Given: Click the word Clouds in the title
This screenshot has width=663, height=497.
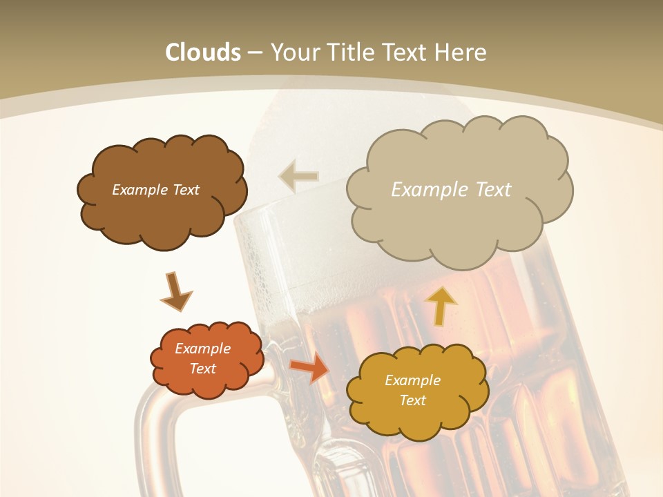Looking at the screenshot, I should (203, 52).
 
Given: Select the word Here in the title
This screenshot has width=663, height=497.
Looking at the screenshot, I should (461, 52).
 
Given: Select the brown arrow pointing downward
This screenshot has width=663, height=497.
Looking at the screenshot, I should (176, 291).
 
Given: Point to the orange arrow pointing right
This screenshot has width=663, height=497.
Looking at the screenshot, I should (309, 367).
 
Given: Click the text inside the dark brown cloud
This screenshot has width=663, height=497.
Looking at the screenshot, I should (155, 189).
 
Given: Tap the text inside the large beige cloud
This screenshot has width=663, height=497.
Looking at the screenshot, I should (451, 189).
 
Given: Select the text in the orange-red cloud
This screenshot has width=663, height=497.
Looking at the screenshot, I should (203, 358).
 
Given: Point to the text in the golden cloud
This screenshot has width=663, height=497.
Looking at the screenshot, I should (412, 390).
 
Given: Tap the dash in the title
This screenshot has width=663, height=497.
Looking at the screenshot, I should (255, 52).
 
